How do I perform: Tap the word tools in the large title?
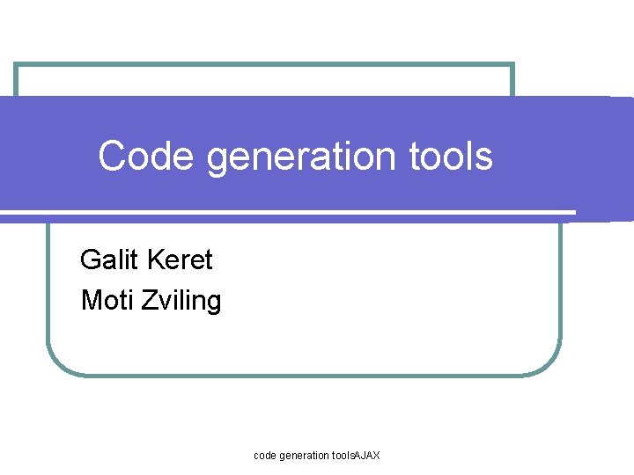click(x=451, y=157)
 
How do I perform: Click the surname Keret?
click(x=181, y=260)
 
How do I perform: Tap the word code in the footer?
click(x=265, y=456)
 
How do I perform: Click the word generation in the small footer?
click(x=306, y=456)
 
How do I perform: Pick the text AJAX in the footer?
click(x=366, y=456)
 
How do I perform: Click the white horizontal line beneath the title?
click(x=291, y=212)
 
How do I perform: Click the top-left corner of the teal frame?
click(x=16, y=65)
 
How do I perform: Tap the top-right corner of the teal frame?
click(x=512, y=65)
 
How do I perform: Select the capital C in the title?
click(x=110, y=157)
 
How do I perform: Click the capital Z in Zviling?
click(x=145, y=302)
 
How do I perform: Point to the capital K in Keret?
click(x=156, y=260)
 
